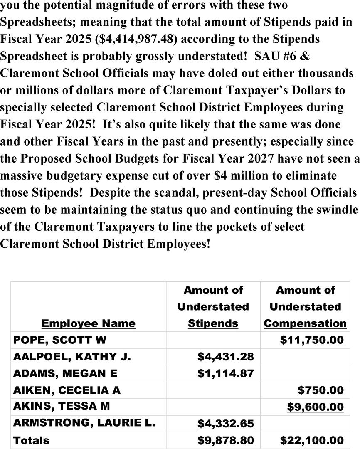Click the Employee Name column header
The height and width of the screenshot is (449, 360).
(89, 323)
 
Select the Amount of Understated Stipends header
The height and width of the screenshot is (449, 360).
(213, 306)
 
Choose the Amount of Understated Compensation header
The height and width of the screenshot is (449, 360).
(305, 306)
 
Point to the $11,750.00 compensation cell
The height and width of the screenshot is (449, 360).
(312, 340)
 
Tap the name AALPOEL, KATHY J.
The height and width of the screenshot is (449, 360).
(72, 357)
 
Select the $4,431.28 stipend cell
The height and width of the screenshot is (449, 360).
(225, 357)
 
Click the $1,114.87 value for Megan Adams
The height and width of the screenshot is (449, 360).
(225, 373)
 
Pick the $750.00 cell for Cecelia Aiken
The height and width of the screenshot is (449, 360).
(321, 390)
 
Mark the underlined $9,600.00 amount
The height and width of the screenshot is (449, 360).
(315, 407)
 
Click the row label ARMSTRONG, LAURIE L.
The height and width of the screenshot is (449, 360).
(84, 423)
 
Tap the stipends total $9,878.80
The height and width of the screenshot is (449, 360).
(225, 440)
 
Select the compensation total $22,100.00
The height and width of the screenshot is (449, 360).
(312, 440)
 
